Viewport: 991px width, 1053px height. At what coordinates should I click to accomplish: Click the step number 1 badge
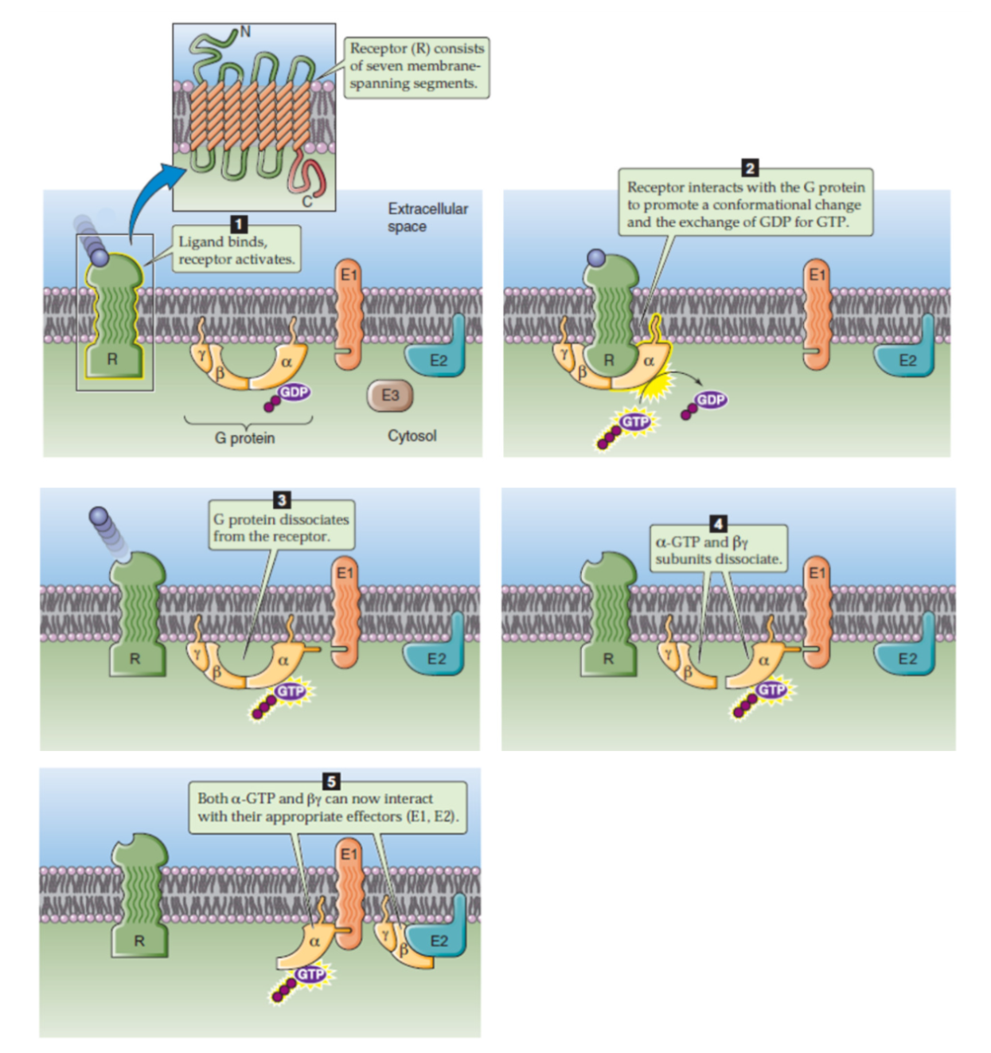[x=238, y=224]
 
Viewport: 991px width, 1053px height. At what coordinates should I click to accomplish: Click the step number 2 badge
[x=749, y=167]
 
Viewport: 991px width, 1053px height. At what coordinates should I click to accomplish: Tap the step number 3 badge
[x=282, y=499]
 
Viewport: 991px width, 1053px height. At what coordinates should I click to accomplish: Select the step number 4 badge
[x=718, y=523]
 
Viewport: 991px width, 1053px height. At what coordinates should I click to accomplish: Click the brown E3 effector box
[x=389, y=395]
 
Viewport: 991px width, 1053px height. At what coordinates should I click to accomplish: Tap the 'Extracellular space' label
[x=427, y=217]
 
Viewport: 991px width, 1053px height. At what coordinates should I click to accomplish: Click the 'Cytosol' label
[x=412, y=436]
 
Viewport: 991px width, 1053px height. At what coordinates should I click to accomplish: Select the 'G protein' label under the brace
[x=244, y=437]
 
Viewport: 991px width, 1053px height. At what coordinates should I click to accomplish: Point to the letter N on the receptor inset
[x=244, y=32]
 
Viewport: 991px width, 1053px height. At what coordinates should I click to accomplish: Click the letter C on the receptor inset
[x=306, y=202]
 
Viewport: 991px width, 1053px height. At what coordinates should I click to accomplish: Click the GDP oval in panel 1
[x=294, y=392]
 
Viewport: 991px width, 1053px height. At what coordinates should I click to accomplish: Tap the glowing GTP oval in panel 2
[x=634, y=421]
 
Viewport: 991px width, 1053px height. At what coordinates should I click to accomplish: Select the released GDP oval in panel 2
[x=710, y=399]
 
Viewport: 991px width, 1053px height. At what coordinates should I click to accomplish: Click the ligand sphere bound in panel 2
[x=596, y=257]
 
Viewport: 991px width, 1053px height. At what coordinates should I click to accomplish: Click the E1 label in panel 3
[x=344, y=573]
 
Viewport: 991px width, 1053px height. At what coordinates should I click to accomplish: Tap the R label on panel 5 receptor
[x=139, y=941]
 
